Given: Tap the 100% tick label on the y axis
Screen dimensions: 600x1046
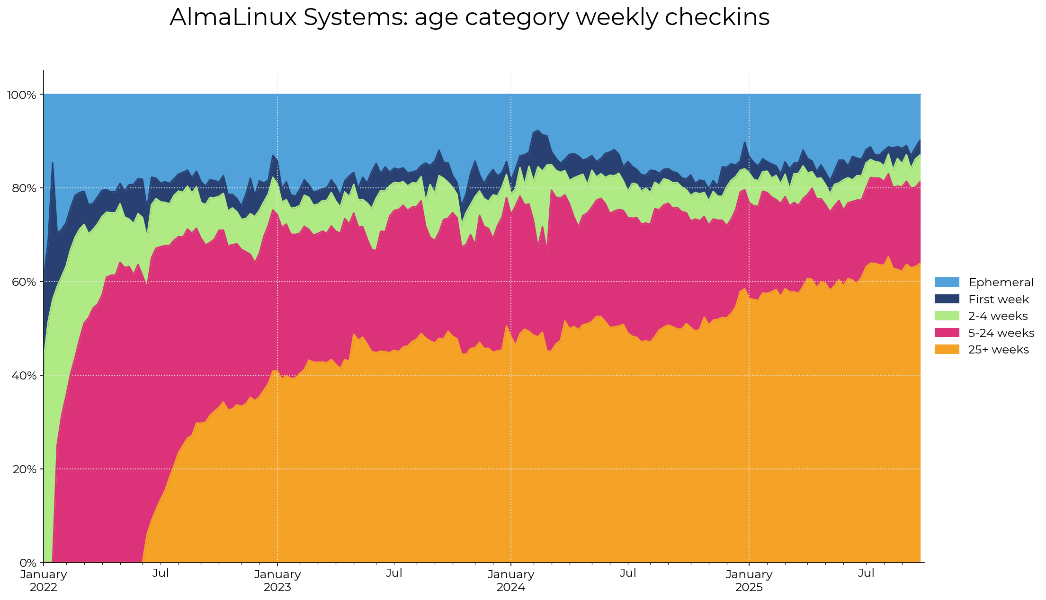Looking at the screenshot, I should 21,95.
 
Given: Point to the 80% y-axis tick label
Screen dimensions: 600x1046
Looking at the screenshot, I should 23,188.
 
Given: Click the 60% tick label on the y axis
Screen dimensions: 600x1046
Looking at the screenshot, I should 23,282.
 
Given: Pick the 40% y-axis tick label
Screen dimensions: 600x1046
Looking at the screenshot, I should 23,376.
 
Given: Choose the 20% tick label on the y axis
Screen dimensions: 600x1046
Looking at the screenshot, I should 23,469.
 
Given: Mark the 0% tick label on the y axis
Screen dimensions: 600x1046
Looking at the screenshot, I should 28,563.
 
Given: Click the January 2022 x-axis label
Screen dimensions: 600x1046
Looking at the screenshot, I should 44,581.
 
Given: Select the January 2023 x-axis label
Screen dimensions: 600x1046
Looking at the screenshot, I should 277,581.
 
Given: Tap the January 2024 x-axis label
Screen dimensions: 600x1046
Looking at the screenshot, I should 511,581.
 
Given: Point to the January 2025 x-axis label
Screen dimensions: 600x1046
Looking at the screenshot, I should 749,581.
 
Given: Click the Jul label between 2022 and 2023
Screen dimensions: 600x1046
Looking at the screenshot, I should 161,574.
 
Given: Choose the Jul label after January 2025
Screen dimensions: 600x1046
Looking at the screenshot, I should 866,574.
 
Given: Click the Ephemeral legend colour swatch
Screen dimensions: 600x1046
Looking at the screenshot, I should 947,282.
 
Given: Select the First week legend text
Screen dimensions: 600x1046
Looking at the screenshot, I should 998,300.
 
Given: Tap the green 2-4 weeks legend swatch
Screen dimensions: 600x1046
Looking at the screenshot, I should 947,316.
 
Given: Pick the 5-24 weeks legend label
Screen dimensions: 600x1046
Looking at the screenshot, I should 1001,333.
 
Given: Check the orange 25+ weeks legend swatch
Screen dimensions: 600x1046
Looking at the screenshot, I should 947,350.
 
